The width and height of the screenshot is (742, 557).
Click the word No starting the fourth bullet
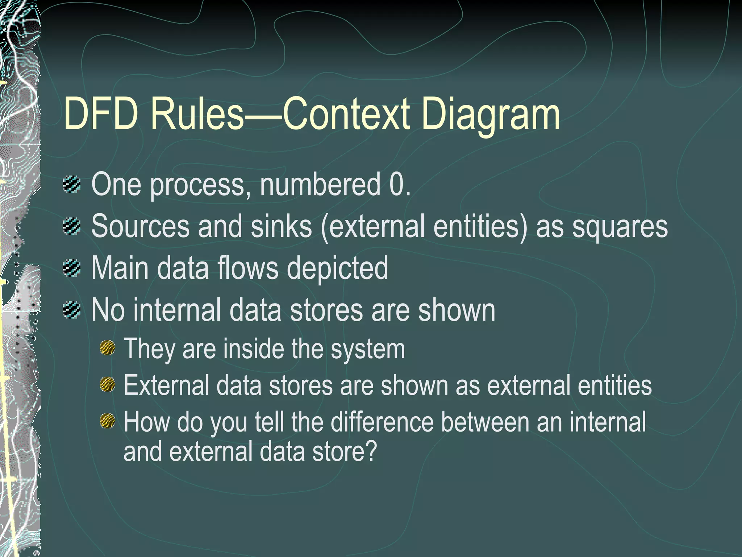(x=108, y=310)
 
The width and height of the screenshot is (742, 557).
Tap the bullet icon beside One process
(x=71, y=185)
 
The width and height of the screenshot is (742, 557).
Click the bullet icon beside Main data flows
(x=71, y=268)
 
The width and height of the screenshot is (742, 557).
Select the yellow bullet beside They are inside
(x=107, y=348)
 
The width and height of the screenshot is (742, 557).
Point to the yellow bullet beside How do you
(x=107, y=421)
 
